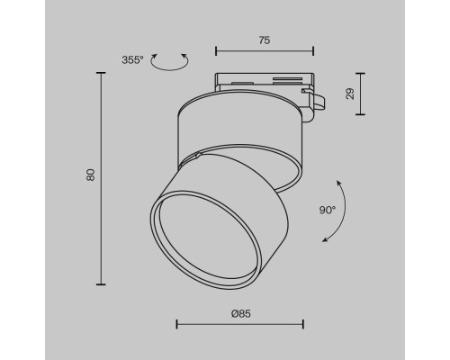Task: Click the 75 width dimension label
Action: [264, 41]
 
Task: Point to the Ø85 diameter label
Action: [239, 313]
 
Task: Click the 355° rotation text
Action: [131, 60]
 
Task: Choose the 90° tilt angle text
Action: [327, 210]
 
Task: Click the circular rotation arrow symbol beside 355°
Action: [168, 62]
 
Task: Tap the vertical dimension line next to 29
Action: [361, 94]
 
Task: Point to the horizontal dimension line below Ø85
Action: [239, 324]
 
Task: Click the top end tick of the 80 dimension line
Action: [100, 73]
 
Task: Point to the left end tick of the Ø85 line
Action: [175, 324]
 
